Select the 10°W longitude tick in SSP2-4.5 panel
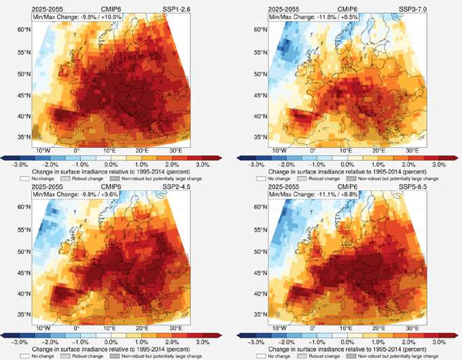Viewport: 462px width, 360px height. [x=43, y=326]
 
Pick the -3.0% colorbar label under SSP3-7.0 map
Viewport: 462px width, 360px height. [x=257, y=165]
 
